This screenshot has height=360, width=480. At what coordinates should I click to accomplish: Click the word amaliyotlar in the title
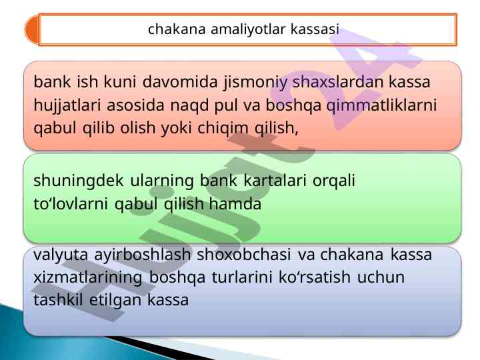click(248, 30)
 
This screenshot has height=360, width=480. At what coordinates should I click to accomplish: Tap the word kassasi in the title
click(315, 29)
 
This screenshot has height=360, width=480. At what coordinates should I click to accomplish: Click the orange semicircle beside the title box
click(32, 30)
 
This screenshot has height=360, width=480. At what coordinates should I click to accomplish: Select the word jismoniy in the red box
click(255, 83)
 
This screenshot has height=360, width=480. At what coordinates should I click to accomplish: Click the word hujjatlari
click(67, 105)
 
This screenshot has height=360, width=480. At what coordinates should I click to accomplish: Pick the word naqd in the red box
click(189, 106)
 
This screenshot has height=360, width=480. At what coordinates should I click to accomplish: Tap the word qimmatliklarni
click(381, 105)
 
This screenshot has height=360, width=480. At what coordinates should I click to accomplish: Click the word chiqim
click(223, 129)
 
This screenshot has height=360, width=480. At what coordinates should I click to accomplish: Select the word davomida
click(180, 82)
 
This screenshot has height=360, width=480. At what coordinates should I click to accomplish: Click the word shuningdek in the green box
click(79, 181)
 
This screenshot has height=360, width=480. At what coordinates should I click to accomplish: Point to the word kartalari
click(275, 180)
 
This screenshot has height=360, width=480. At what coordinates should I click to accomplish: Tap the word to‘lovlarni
click(71, 204)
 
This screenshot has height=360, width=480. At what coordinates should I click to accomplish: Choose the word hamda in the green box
click(235, 204)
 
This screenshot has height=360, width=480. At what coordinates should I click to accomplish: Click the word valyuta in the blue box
click(61, 255)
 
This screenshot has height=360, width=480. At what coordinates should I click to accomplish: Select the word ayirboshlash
click(143, 255)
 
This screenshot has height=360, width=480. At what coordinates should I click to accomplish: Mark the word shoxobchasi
click(244, 255)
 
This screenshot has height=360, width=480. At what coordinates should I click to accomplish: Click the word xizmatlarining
click(88, 278)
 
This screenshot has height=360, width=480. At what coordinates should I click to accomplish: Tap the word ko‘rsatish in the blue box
click(315, 277)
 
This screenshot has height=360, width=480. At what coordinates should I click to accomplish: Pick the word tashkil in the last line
click(58, 300)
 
